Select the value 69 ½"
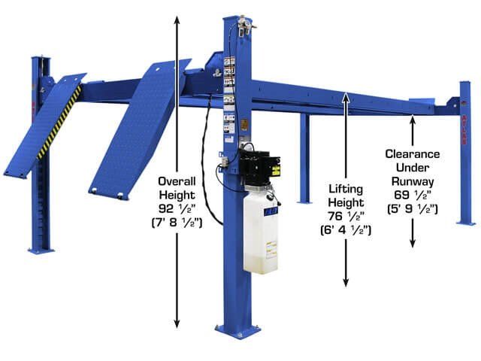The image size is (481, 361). coord(413,194)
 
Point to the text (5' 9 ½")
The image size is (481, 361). coord(413,208)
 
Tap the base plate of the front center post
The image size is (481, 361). coord(237,330)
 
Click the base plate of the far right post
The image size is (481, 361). coord(465,223)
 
